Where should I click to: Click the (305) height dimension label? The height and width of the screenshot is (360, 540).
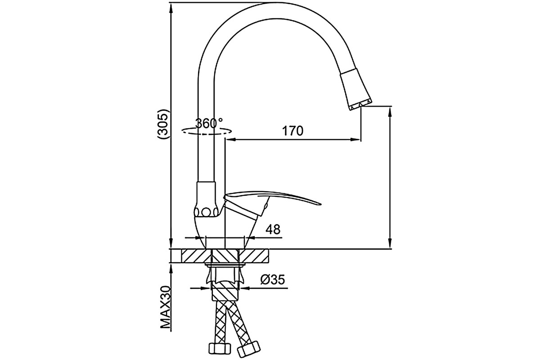(163, 124)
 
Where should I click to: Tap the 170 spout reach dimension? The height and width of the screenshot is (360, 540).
(292, 131)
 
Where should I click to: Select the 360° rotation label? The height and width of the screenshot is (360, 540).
(209, 123)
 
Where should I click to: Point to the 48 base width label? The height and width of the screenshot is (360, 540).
(273, 229)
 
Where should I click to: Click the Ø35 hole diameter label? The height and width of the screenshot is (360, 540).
(273, 280)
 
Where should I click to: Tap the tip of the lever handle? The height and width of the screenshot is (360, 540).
(320, 204)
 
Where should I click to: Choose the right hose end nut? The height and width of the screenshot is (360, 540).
(249, 349)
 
